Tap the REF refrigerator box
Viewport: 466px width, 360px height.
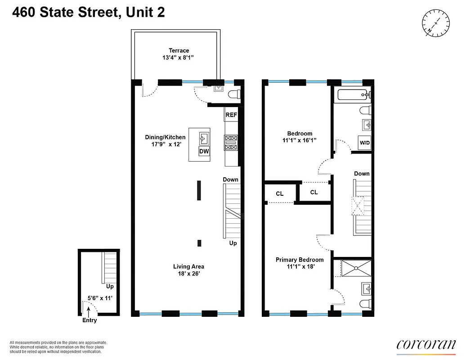pyautogui.click(x=231, y=115)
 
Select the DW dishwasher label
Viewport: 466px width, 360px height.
pyautogui.click(x=204, y=152)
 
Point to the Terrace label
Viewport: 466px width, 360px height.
pyautogui.click(x=179, y=51)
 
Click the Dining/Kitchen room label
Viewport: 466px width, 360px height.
pyautogui.click(x=165, y=137)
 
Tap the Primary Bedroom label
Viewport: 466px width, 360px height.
pyautogui.click(x=300, y=260)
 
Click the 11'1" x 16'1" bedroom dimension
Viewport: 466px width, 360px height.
pyautogui.click(x=300, y=140)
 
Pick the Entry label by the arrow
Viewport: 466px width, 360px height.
pyautogui.click(x=89, y=320)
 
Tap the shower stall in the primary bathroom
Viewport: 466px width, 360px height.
pyautogui.click(x=356, y=268)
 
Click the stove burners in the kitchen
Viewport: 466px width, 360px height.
pyautogui.click(x=231, y=143)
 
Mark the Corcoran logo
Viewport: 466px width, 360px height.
pyautogui.click(x=426, y=345)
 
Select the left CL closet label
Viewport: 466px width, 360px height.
pyautogui.click(x=279, y=193)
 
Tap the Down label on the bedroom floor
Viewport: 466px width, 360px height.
pyautogui.click(x=362, y=174)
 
